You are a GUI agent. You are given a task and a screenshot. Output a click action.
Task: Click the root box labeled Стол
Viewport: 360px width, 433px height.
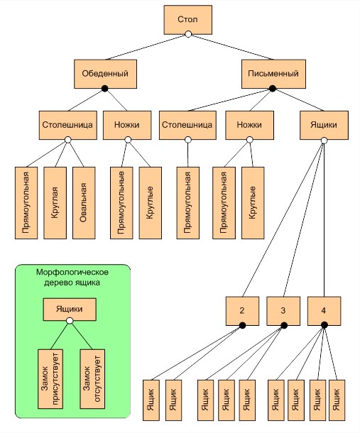(188, 20)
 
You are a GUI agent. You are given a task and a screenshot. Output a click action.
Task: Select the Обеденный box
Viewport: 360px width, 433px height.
(105, 74)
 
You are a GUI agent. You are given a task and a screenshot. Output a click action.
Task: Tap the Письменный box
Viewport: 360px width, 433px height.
(273, 74)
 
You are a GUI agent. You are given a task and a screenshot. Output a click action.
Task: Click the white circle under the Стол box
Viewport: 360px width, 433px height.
(188, 34)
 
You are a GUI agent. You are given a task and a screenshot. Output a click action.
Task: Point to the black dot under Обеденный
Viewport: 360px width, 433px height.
(104, 88)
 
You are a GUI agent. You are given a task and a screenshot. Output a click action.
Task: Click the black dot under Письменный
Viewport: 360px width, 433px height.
(273, 89)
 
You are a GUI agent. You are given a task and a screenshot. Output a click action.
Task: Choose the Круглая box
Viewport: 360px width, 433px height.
(55, 203)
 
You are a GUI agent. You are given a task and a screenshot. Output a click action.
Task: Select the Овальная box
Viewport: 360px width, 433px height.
(84, 203)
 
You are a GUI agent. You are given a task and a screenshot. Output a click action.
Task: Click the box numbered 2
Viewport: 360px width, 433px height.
(242, 311)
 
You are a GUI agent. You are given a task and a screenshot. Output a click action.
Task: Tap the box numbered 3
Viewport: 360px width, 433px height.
(283, 311)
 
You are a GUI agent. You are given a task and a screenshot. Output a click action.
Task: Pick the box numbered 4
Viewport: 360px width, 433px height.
(324, 311)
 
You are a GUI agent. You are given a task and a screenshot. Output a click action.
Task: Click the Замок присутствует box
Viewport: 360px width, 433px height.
(50, 379)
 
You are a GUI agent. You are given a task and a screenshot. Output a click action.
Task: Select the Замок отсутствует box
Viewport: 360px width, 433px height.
(92, 379)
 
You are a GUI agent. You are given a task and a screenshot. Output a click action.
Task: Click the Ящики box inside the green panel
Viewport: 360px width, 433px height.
(70, 309)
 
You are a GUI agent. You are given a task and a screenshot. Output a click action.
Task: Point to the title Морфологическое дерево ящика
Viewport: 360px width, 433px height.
(72, 278)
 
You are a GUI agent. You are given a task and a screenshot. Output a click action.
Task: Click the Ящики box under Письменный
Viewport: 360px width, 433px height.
(324, 125)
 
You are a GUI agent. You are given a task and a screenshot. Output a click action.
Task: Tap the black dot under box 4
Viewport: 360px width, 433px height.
(324, 325)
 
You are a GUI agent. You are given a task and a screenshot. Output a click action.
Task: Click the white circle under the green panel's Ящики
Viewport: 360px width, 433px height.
(70, 321)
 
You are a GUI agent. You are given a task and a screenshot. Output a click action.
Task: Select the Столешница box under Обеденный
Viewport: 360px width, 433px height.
(67, 125)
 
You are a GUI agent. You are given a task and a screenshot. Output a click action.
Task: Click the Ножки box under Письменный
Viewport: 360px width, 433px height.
(249, 125)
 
